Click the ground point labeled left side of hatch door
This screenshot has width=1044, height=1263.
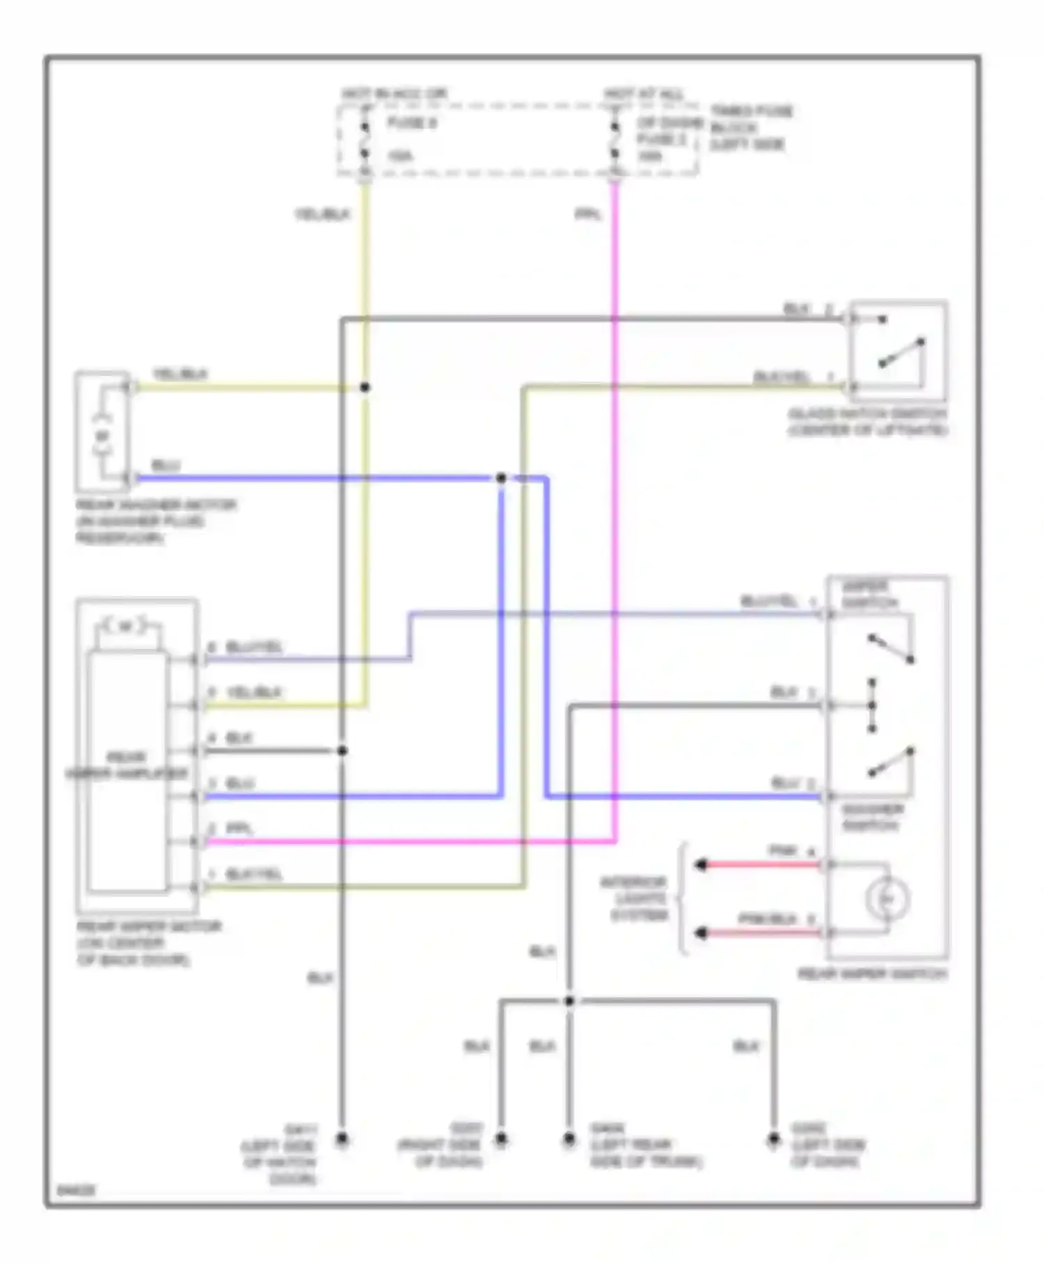(342, 1140)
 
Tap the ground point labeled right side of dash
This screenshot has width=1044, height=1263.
(500, 1140)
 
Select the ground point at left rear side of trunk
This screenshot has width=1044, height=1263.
(569, 1140)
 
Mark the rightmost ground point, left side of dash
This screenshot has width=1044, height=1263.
(773, 1140)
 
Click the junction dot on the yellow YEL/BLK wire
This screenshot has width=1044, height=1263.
(365, 387)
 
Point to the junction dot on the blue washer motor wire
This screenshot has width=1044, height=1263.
(501, 478)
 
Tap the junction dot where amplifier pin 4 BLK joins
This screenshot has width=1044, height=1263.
(342, 751)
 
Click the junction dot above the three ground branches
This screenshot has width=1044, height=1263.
(569, 1001)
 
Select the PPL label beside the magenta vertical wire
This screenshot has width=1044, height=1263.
(588, 215)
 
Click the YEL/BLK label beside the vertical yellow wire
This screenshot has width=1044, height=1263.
(322, 215)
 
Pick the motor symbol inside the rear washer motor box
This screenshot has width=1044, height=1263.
(102, 437)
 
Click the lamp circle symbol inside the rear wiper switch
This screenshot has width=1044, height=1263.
(887, 899)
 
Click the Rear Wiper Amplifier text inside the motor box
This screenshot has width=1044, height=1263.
(127, 765)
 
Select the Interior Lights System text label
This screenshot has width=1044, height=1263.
(634, 899)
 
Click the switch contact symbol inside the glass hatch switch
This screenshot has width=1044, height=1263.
(902, 352)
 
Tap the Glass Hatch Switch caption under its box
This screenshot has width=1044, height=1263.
(867, 423)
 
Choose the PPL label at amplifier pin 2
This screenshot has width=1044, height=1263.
(239, 829)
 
